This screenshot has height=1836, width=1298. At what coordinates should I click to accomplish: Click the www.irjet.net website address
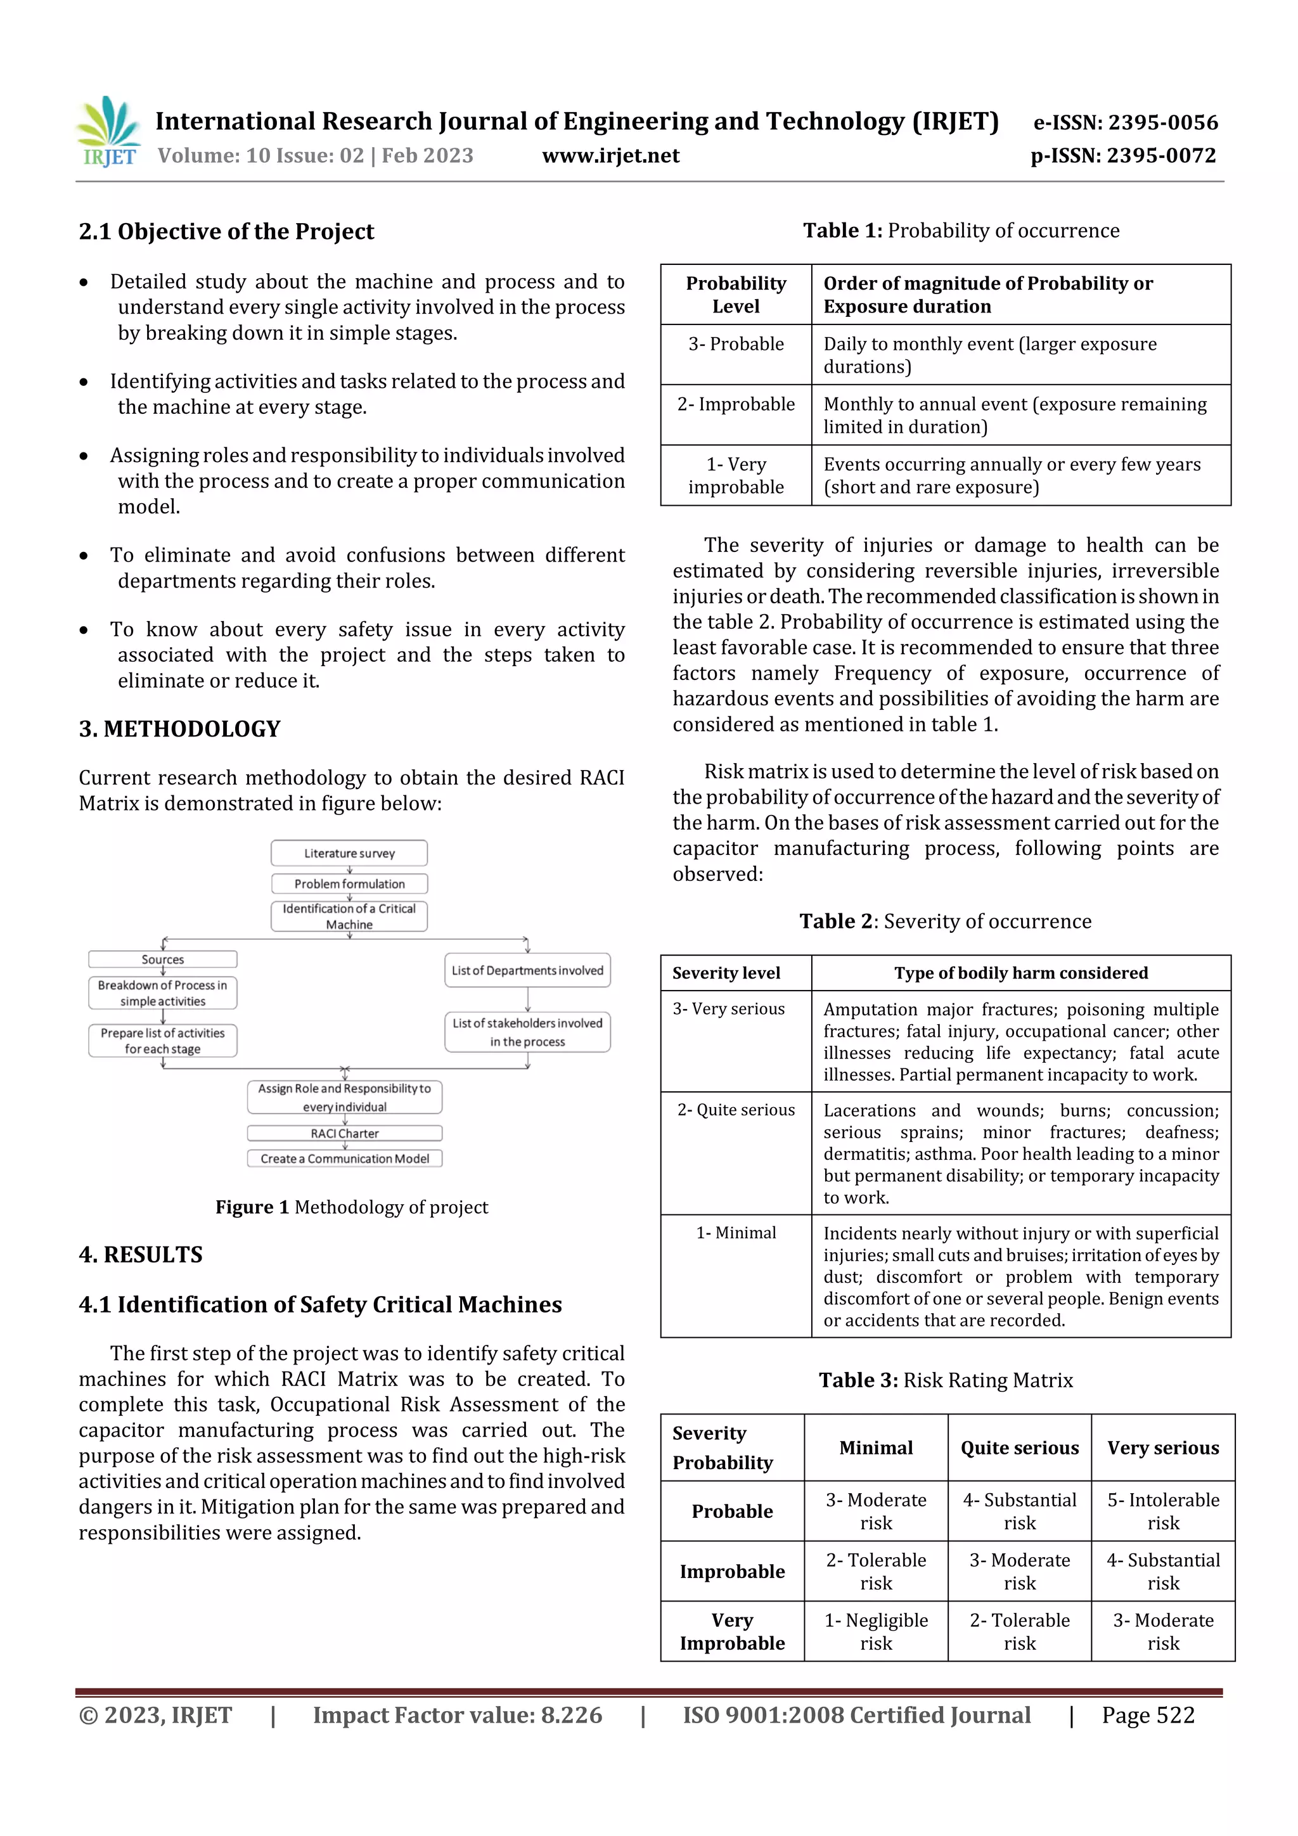pyautogui.click(x=610, y=156)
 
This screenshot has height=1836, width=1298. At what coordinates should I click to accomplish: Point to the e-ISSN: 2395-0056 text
pyautogui.click(x=1125, y=122)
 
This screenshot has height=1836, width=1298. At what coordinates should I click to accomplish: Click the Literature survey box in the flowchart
pyautogui.click(x=349, y=853)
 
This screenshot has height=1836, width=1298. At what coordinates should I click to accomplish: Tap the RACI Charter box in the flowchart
pyautogui.click(x=345, y=1133)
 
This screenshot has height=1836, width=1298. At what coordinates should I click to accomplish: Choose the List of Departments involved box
pyautogui.click(x=527, y=970)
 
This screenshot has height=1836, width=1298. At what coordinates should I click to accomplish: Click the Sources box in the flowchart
pyautogui.click(x=162, y=960)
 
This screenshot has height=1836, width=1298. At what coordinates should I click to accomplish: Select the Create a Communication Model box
pyautogui.click(x=345, y=1159)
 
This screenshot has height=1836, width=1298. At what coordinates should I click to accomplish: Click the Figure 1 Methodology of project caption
pyautogui.click(x=351, y=1207)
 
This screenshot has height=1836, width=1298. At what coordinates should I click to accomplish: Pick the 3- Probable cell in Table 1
pyautogui.click(x=736, y=344)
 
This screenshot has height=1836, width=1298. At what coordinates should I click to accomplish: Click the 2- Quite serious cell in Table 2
pyautogui.click(x=736, y=1110)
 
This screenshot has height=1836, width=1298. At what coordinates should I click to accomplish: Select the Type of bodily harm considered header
pyautogui.click(x=1020, y=972)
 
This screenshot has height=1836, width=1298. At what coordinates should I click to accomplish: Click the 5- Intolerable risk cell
pyautogui.click(x=1163, y=1510)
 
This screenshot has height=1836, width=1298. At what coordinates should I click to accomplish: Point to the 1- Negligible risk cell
pyautogui.click(x=876, y=1631)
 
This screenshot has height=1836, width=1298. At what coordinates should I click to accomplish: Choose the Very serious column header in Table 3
pyautogui.click(x=1163, y=1448)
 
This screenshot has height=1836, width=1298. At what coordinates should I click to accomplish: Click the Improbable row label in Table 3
pyautogui.click(x=732, y=1571)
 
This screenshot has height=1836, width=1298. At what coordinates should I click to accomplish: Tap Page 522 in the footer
pyautogui.click(x=1148, y=1714)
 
